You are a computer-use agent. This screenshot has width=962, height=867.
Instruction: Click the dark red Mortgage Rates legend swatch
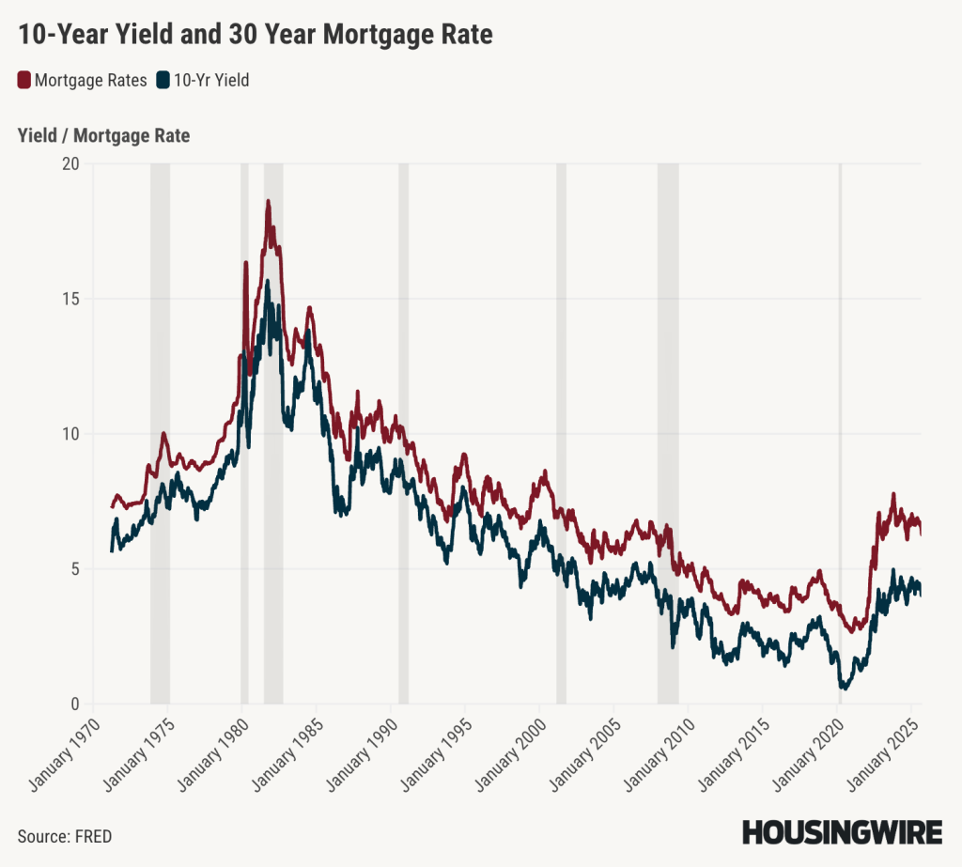pyautogui.click(x=24, y=80)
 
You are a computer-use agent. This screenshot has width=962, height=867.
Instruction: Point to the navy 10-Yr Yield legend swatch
pyautogui.click(x=163, y=80)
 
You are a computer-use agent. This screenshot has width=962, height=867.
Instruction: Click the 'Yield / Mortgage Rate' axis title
pyautogui.click(x=103, y=136)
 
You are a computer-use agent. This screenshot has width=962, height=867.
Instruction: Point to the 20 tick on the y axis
pyautogui.click(x=71, y=163)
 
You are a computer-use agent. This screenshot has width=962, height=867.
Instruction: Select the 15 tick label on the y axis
pyautogui.click(x=71, y=299)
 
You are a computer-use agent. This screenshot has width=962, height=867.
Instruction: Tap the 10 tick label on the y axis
pyautogui.click(x=71, y=434)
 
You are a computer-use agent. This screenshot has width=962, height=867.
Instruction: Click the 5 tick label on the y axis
pyautogui.click(x=75, y=569)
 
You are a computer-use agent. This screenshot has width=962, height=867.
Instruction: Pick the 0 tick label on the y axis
pyautogui.click(x=75, y=704)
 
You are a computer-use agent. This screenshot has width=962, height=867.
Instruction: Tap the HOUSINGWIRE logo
pyautogui.click(x=842, y=832)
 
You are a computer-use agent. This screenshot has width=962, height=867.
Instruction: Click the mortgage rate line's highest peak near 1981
pyautogui.click(x=268, y=201)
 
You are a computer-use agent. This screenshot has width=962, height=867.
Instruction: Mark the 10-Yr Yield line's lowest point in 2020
pyautogui.click(x=844, y=689)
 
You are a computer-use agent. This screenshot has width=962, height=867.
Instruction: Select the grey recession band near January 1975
pyautogui.click(x=160, y=432)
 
